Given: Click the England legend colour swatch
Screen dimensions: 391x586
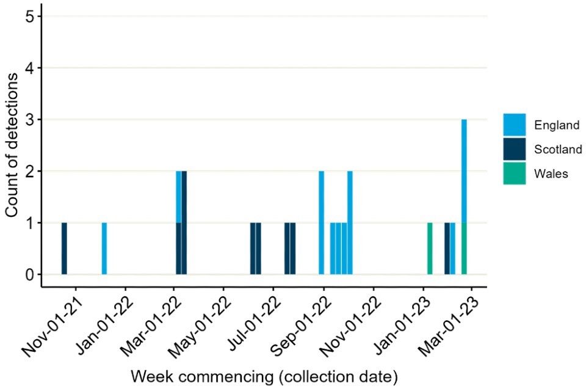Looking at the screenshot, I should point(514,125).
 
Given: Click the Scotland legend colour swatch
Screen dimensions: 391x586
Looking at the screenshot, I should point(514,148).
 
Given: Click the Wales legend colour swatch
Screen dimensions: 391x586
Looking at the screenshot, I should point(514,173).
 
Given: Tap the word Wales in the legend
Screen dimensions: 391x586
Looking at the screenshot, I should point(551,174).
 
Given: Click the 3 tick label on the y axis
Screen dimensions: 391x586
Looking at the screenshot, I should point(29,119).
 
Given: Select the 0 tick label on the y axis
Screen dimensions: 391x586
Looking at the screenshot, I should point(29,274).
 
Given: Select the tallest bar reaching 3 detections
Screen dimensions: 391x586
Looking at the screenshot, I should point(465,171).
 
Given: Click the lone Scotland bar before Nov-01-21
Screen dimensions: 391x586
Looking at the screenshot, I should point(64,249).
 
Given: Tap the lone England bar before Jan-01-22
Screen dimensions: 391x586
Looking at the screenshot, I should point(104,249).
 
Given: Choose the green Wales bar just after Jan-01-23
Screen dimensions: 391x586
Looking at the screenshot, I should point(430,249).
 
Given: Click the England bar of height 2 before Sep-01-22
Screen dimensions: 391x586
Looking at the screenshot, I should point(321,223).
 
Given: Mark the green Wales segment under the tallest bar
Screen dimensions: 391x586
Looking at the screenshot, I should point(465,249).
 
